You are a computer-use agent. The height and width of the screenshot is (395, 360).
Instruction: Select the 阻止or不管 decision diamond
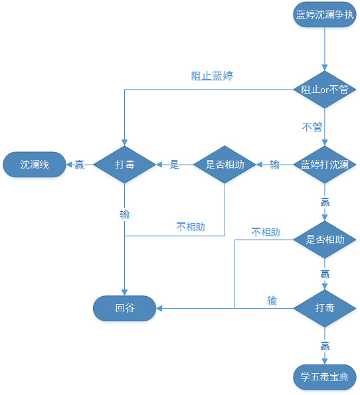325,90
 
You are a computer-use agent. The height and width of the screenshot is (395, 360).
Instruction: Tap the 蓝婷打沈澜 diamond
325,164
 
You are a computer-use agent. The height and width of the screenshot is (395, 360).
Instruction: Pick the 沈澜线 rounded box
35,164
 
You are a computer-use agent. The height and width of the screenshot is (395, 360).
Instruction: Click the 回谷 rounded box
125,308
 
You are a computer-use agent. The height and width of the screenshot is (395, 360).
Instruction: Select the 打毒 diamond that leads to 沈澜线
125,164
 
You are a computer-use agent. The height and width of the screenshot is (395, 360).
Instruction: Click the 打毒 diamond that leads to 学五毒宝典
325,308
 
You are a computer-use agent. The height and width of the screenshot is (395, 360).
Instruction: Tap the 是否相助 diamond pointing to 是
225,164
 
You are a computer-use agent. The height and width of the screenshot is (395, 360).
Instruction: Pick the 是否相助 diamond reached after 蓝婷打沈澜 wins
325,240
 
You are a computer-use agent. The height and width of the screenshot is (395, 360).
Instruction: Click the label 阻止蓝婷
212,76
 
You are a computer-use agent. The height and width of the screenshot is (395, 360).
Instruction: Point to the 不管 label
312,127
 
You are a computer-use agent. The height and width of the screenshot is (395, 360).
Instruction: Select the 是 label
175,165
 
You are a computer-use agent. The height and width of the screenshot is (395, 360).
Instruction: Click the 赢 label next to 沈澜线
79,165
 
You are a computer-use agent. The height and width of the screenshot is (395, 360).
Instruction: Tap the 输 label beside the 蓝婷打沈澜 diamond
274,165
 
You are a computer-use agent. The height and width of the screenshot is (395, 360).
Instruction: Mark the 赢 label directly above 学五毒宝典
325,345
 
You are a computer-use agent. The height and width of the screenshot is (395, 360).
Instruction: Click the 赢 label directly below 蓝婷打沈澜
325,201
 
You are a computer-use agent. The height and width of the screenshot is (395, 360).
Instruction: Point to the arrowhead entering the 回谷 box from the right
160,308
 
